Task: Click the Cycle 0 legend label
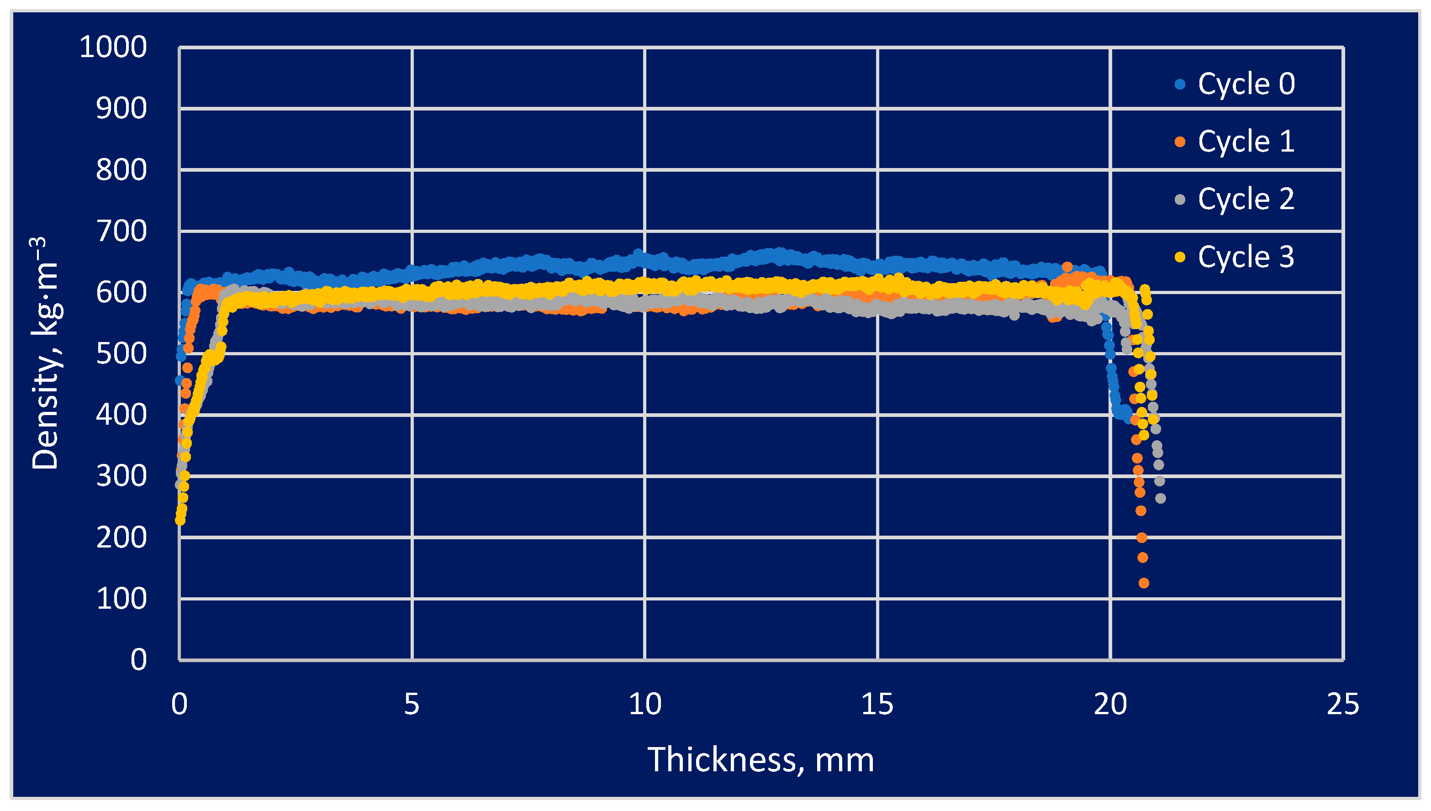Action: [x=1246, y=84]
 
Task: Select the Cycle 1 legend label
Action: [x=1246, y=142]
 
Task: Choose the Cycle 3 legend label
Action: [x=1246, y=257]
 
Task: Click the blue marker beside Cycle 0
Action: [x=1180, y=84]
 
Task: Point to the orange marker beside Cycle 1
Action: [x=1180, y=142]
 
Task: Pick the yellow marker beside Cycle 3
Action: [x=1180, y=257]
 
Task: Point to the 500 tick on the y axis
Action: [x=121, y=354]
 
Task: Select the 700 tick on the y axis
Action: [x=121, y=231]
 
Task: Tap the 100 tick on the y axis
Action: [x=121, y=599]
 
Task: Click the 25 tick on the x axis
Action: [x=1343, y=705]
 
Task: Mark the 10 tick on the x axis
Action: [x=645, y=705]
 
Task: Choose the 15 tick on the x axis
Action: [x=877, y=705]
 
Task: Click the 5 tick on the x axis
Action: [x=412, y=705]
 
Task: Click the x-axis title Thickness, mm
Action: [x=760, y=760]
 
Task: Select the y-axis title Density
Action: [x=46, y=354]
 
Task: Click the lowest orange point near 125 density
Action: [x=1144, y=583]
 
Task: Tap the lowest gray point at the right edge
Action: [x=1160, y=499]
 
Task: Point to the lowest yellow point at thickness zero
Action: [x=180, y=521]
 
